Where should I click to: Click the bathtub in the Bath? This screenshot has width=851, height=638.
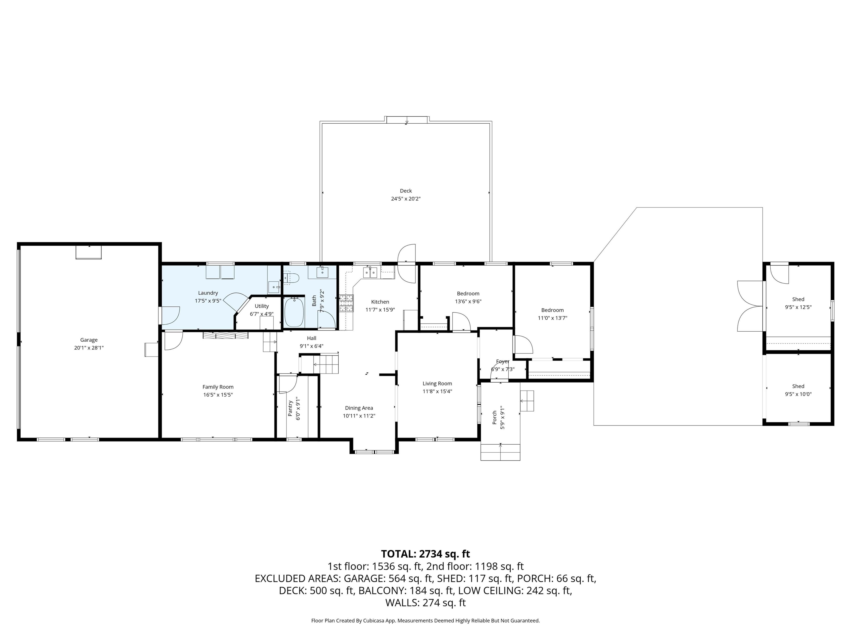(x=294, y=312)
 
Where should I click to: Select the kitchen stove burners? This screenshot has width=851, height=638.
(x=346, y=303)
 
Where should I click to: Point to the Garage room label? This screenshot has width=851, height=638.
(x=89, y=340)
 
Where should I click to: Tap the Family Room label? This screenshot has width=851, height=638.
(x=218, y=387)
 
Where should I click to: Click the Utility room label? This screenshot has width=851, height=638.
(x=262, y=306)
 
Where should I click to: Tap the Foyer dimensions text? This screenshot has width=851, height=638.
(x=502, y=370)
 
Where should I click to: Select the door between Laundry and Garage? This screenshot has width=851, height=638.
(x=169, y=315)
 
